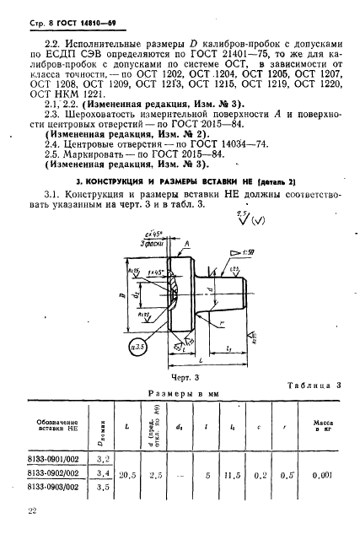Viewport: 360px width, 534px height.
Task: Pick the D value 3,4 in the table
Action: click(x=104, y=473)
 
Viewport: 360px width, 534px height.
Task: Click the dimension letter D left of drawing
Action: click(x=124, y=298)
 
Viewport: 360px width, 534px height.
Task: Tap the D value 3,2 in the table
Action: click(x=104, y=460)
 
